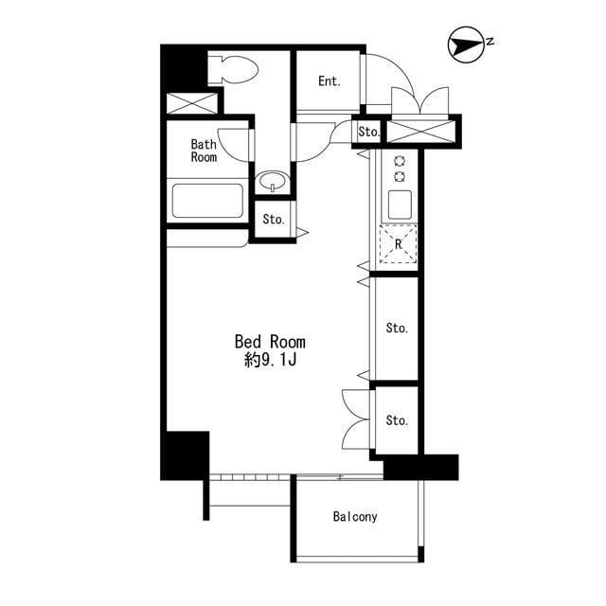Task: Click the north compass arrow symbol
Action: tap(466, 45)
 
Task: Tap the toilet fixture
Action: tap(233, 69)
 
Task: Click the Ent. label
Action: tap(330, 81)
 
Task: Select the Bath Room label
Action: tap(204, 151)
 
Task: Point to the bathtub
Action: tap(207, 201)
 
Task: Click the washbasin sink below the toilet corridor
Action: tap(274, 181)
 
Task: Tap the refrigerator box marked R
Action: tap(399, 244)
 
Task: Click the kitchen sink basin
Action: tap(400, 205)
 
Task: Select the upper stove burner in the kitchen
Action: tap(400, 161)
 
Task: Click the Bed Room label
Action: tap(270, 342)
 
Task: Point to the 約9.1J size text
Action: tap(270, 360)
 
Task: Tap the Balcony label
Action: tap(355, 517)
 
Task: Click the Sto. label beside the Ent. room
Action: tap(369, 133)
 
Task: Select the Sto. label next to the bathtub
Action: tap(274, 220)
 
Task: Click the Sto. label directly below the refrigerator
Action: tap(397, 329)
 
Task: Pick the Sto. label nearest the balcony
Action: tap(397, 420)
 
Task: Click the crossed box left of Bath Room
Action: tap(192, 103)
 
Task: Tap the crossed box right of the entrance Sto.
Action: tap(420, 132)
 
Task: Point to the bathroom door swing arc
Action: tap(226, 149)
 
